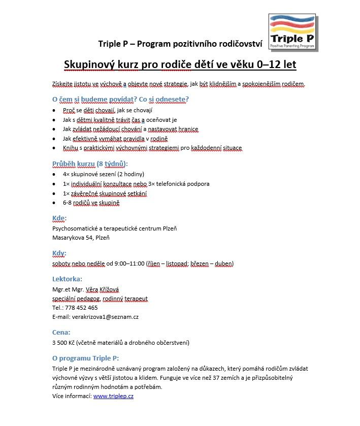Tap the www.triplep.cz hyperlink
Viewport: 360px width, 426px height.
113,396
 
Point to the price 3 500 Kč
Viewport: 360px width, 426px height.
63,343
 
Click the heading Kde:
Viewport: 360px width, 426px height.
59,218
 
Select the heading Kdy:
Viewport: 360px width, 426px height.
59,253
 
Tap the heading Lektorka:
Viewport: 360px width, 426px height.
67,279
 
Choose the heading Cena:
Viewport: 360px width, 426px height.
61,332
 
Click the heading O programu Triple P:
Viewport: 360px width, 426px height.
85,358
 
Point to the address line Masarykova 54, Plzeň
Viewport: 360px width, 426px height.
81,237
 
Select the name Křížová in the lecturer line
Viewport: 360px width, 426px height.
109,289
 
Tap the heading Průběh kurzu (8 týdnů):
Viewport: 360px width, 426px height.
90,163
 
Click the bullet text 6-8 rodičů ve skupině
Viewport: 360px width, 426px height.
91,203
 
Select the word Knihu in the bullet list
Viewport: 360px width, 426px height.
70,148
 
